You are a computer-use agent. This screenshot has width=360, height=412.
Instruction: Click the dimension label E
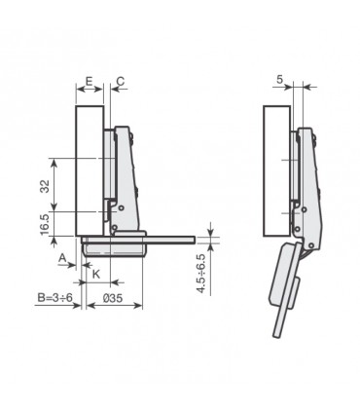click(89, 81)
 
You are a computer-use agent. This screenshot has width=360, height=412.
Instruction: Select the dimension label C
click(120, 81)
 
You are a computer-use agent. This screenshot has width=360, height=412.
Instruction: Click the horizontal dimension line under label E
click(90, 94)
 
